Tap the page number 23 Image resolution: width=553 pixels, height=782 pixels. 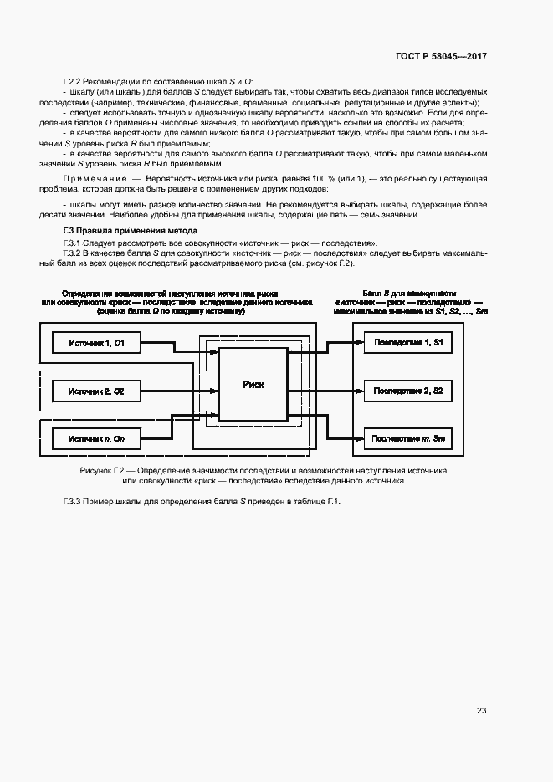coord(481,711)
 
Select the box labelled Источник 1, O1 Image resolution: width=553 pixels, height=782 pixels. coord(97,343)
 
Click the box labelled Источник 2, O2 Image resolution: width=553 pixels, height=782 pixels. coord(97,391)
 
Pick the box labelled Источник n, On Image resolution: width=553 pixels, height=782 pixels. coord(97,437)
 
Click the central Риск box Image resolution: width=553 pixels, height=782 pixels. coord(253,385)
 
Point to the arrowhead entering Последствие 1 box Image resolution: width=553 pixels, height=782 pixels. coord(358,343)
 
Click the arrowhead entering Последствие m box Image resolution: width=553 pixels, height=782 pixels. coord(358,437)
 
